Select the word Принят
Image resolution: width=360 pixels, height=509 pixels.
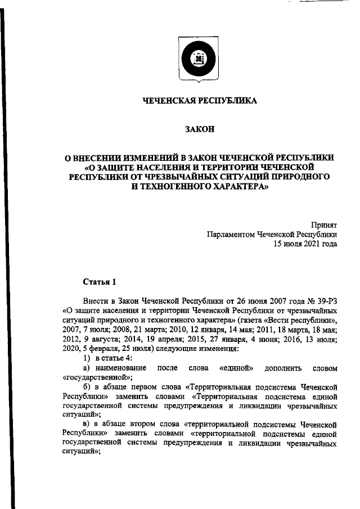coord(324,224)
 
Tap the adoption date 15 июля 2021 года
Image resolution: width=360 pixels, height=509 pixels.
coord(305,244)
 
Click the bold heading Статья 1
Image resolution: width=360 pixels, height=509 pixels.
coord(100,281)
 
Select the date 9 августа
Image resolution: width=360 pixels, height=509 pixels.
coord(101,340)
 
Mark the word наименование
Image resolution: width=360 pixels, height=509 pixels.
coord(120,368)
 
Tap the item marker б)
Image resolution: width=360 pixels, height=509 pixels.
coord(87,388)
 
